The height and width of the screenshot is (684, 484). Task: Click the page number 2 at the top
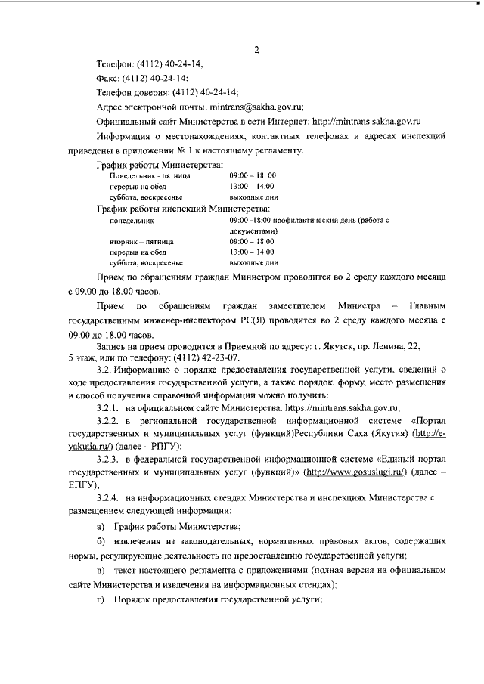tap(256, 51)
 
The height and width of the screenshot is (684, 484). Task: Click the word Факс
tap(111, 79)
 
